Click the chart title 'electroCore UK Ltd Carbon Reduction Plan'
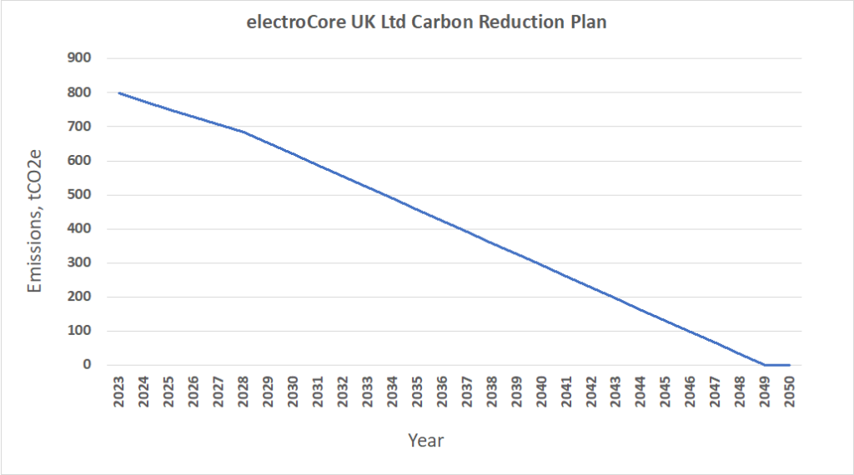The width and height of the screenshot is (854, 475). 426,22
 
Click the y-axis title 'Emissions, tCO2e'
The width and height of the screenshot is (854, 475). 35,230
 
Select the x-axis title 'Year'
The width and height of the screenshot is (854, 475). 425,440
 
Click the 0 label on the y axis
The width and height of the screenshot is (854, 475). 87,365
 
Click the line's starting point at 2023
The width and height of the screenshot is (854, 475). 118,92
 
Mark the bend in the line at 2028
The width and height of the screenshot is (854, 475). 243,132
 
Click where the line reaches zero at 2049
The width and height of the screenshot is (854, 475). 764,365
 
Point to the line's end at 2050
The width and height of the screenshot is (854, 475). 789,365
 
